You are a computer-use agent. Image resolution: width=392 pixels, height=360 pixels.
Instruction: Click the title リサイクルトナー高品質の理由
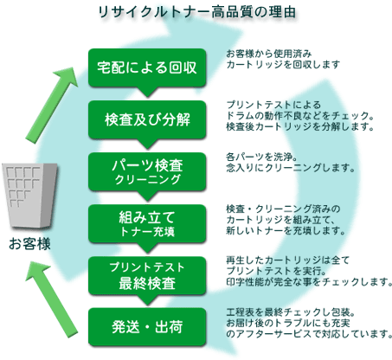coord(197,12)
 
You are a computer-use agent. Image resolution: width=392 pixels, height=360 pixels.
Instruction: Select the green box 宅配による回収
coord(147,67)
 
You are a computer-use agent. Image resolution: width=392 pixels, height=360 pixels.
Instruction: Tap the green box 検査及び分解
coord(147,119)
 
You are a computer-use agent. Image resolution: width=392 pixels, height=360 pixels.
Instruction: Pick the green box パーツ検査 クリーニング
coord(147,171)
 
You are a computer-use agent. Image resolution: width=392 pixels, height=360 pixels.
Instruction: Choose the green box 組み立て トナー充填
coord(147,223)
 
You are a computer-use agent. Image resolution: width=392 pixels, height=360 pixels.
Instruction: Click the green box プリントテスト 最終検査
coord(147,275)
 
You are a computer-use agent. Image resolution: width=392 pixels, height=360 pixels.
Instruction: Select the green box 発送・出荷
coord(147,327)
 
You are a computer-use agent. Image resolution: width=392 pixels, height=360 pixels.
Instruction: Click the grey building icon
coord(29,196)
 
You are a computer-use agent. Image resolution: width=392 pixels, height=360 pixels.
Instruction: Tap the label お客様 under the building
coord(29,244)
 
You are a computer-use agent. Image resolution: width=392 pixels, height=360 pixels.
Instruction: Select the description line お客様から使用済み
coord(269,54)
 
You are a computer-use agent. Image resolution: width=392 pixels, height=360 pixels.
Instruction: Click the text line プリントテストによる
coord(273,105)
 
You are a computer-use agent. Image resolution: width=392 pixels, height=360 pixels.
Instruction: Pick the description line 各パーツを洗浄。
coord(262,157)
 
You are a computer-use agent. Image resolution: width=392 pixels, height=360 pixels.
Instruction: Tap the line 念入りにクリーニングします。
coord(291,168)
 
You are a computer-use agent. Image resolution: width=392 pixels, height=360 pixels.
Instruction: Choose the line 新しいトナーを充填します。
coord(286,231)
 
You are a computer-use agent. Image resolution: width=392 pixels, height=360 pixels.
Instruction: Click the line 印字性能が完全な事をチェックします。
coord(309,281)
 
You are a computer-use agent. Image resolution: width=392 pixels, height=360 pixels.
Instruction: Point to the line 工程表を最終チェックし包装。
coord(291,312)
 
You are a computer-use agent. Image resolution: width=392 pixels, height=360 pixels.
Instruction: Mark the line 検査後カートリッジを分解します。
coord(300,126)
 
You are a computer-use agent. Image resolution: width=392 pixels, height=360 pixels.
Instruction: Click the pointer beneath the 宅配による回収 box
coord(147,92)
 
